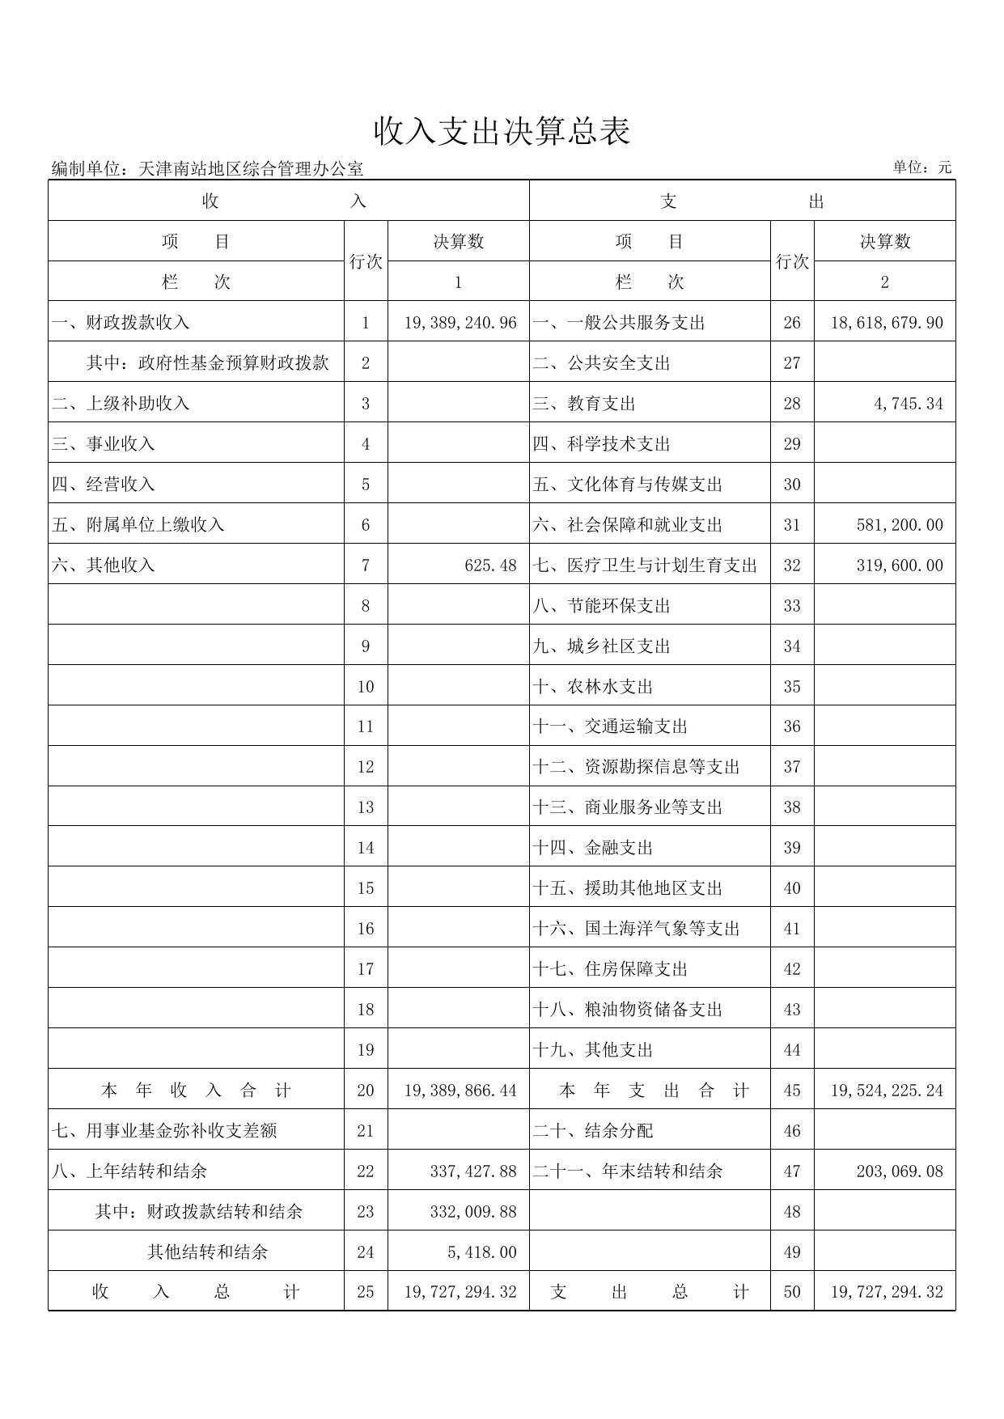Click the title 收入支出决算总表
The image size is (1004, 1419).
[x=502, y=132]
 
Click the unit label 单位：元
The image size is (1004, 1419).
[x=922, y=167]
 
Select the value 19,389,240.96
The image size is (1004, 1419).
[x=460, y=323]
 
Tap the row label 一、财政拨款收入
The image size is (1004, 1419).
[x=121, y=323]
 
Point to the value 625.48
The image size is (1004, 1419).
[x=490, y=565]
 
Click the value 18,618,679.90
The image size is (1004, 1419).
[x=887, y=323]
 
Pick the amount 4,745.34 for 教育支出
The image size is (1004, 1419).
[x=909, y=404]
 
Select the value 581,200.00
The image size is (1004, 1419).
[x=900, y=525]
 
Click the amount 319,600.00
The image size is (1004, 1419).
[x=900, y=565]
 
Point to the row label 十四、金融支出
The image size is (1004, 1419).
[x=593, y=848]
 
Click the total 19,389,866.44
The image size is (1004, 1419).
[x=460, y=1091]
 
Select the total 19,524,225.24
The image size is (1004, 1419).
[x=887, y=1091]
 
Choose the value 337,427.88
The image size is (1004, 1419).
[x=473, y=1171]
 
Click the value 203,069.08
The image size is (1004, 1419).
[x=900, y=1171]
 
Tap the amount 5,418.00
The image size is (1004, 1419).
[x=481, y=1252]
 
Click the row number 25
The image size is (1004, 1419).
[x=366, y=1292]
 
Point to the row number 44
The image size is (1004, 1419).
[x=792, y=1050]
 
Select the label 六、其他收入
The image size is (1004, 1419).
[x=104, y=565]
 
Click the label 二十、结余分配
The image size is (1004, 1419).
[x=593, y=1131]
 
